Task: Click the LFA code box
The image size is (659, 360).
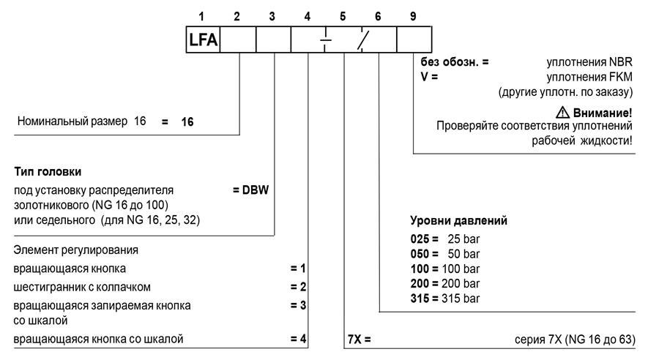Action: coord(203,40)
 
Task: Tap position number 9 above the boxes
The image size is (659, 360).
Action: coord(413,16)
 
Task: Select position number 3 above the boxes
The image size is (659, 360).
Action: coord(272,16)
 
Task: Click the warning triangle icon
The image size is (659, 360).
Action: coord(562,112)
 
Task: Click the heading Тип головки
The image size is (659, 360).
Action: coord(48,171)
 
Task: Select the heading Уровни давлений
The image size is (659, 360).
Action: coord(458,220)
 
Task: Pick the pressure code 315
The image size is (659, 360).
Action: coord(420,299)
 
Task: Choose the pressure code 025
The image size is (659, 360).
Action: coord(420,239)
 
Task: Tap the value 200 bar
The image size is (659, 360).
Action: coord(461,284)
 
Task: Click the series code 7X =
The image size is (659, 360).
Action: coord(360,339)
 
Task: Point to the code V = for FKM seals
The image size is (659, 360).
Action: coord(429,77)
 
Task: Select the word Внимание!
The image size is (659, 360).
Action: coord(603,113)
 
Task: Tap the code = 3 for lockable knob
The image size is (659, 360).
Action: coord(298,305)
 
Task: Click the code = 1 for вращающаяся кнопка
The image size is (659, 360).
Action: coord(298,269)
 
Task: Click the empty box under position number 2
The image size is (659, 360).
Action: coord(238,40)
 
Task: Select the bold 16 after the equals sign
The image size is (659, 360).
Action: coord(187,121)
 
